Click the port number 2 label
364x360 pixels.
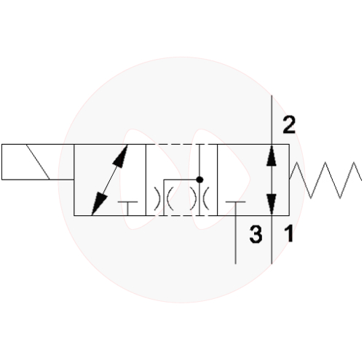click(289, 125)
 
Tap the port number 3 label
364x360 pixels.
click(256, 234)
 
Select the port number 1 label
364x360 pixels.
click(289, 233)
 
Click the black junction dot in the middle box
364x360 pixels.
click(199, 180)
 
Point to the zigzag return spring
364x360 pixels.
click(325, 180)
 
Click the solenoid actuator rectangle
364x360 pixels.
click(38, 162)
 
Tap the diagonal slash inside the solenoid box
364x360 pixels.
click(38, 162)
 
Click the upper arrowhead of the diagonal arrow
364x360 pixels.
click(121, 156)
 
